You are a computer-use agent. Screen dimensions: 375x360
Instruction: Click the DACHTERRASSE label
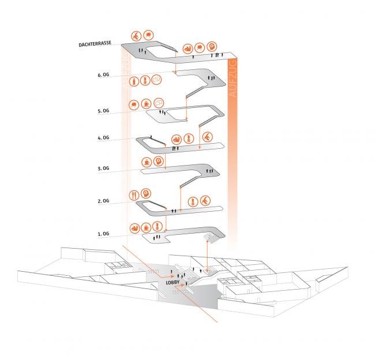point(95,44)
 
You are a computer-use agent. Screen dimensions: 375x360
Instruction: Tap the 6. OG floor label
point(103,75)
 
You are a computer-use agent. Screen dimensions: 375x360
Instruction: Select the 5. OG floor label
point(103,111)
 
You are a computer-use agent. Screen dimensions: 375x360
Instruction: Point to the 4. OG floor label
point(103,138)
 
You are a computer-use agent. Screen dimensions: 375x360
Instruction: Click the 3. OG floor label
point(103,168)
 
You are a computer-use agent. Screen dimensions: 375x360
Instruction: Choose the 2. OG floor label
point(103,201)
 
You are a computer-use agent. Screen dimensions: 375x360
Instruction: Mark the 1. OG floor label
point(103,234)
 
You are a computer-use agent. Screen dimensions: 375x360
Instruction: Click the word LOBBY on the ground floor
point(172,283)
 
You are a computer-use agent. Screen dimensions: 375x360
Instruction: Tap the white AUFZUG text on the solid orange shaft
point(232,78)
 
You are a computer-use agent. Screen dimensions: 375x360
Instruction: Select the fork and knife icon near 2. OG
point(134,196)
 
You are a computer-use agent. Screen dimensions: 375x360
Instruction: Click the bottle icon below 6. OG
point(134,81)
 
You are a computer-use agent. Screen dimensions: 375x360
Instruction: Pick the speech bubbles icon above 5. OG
point(159,103)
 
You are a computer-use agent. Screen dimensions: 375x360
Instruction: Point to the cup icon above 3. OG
point(147,162)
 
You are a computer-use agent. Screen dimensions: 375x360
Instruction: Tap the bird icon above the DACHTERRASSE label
point(136,36)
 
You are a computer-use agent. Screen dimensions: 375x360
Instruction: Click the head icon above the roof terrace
point(212,46)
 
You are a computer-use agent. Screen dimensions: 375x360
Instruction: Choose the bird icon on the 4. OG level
point(207,137)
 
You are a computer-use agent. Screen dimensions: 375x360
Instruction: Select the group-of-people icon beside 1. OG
point(134,228)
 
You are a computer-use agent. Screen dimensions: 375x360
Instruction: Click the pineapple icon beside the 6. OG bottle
point(145,81)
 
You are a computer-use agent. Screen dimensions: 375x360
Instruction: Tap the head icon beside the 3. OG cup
point(158,161)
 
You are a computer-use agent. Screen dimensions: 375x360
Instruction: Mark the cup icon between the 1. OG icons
point(146,227)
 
